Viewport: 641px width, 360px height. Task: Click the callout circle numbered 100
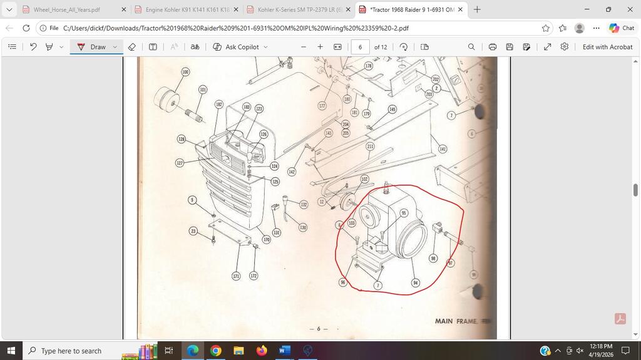[x=185, y=72]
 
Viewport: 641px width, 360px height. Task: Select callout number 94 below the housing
[x=416, y=283]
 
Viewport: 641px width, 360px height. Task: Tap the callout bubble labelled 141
[x=443, y=149]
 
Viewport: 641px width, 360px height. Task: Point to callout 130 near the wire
[x=303, y=227]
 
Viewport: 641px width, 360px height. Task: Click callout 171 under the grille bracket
[x=236, y=276]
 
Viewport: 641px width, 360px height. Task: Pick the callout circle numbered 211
[x=370, y=147]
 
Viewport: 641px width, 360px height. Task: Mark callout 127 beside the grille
[x=180, y=163]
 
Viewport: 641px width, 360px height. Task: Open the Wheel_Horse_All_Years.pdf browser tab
[x=67, y=9]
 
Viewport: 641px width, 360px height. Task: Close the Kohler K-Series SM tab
[x=348, y=9]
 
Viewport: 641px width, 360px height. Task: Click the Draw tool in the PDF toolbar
[x=92, y=47]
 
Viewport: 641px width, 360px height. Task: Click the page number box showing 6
[x=360, y=47]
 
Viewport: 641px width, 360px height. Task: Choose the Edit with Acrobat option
[x=607, y=47]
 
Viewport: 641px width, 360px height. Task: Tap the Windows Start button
[x=11, y=351]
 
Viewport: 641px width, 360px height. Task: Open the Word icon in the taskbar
[x=284, y=351]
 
